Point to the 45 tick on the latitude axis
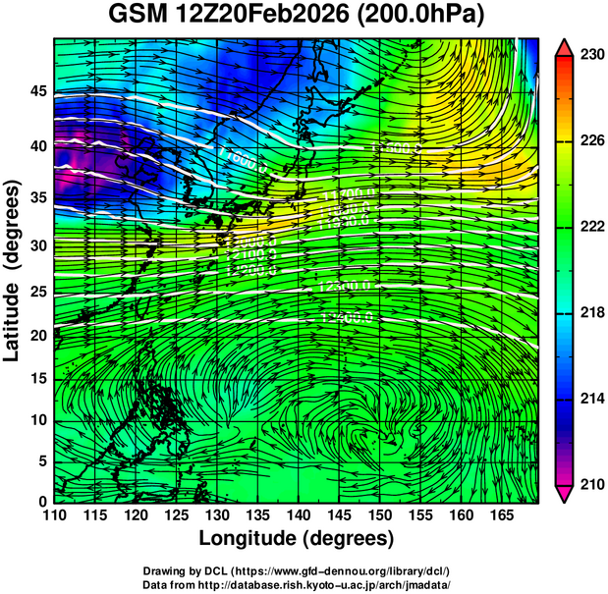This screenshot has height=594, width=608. tap(38, 91)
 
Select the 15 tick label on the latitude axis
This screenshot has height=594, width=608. tap(38, 379)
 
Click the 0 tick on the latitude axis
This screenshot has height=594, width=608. tap(43, 502)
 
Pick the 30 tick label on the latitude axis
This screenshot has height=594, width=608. tap(38, 245)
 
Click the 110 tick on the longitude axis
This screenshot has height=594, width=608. tap(54, 514)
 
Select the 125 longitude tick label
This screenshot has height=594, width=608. tap(175, 514)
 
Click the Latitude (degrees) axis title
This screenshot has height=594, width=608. tap(14, 270)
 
